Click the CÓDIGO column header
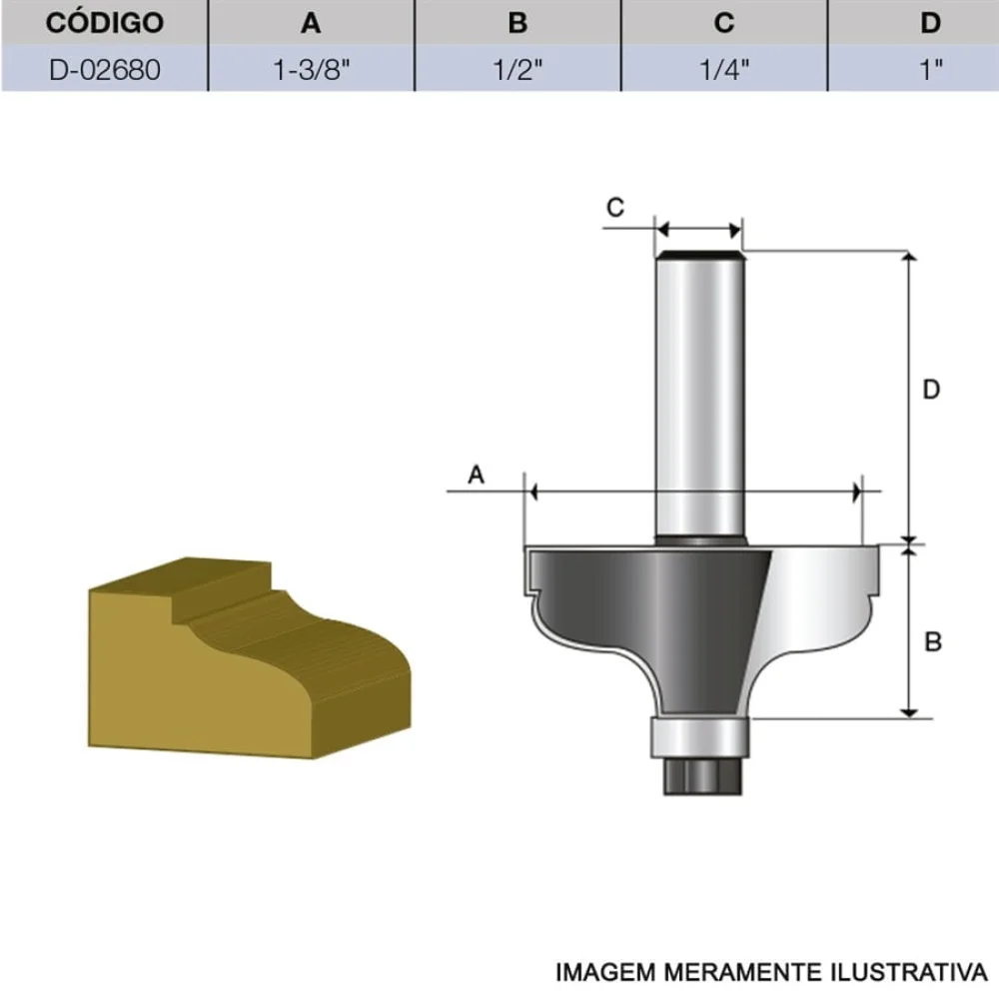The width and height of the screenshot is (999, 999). pyautogui.click(x=104, y=22)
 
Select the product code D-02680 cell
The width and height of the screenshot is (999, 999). pyautogui.click(x=104, y=69)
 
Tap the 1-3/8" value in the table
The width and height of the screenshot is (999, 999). pyautogui.click(x=311, y=69)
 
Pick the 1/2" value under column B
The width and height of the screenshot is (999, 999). pyautogui.click(x=517, y=69)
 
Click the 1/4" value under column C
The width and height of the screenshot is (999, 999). pyautogui.click(x=724, y=69)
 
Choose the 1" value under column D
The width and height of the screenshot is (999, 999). pyautogui.click(x=931, y=69)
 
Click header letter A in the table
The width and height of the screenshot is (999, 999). pyautogui.click(x=311, y=22)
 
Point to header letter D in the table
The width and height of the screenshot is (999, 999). pyautogui.click(x=931, y=22)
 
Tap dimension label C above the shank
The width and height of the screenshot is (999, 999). pyautogui.click(x=616, y=207)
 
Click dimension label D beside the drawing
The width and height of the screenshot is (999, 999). pyautogui.click(x=931, y=390)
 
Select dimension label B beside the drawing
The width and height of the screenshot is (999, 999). pyautogui.click(x=933, y=642)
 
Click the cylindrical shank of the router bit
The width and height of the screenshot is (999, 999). pyautogui.click(x=699, y=400)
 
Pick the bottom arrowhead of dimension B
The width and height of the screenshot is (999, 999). pyautogui.click(x=910, y=710)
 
